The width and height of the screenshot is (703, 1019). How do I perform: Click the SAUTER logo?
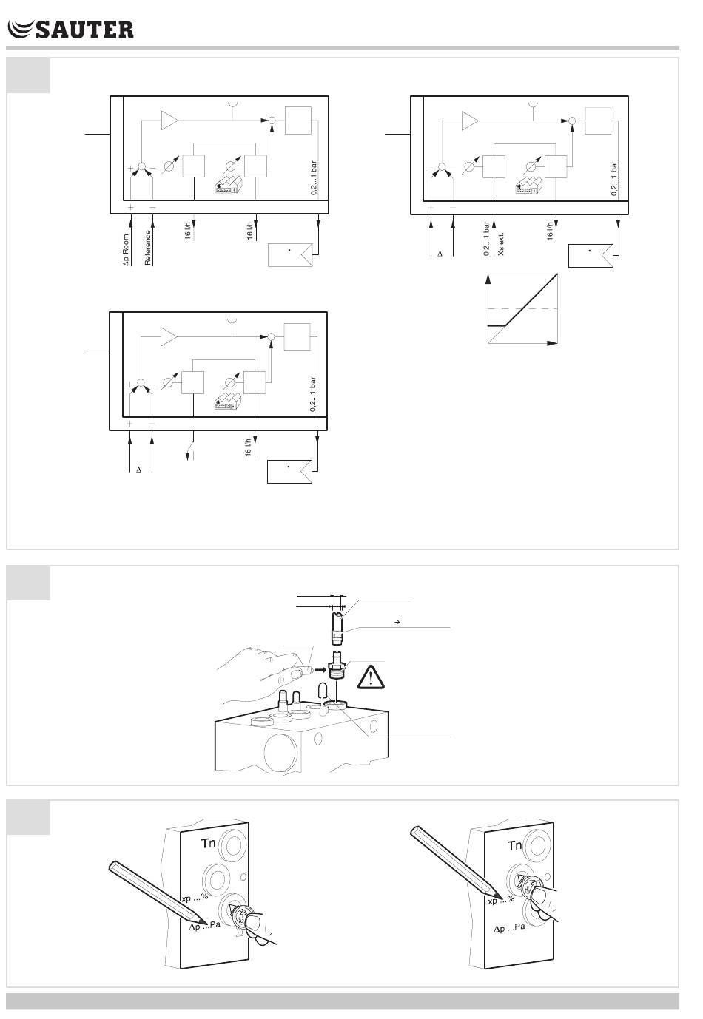coord(70,29)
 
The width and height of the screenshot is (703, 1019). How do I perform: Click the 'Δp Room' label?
coord(126,250)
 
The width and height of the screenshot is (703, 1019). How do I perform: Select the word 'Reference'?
coord(148,247)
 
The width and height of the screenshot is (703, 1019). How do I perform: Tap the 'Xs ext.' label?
coord(501,242)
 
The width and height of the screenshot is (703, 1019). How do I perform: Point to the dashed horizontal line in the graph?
coord(522,308)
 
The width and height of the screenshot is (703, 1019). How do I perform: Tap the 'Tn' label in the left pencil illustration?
coord(209,842)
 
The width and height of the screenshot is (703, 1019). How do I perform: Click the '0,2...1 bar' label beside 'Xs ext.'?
coord(486,239)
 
